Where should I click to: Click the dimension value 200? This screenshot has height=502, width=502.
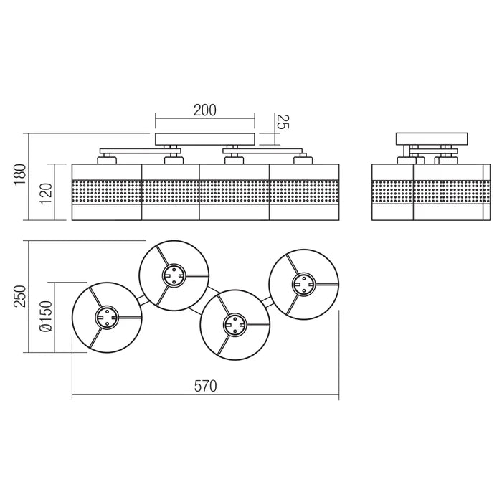tap(204, 110)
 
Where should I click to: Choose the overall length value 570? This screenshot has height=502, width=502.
tap(204, 385)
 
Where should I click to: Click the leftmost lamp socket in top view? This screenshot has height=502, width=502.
tap(106, 317)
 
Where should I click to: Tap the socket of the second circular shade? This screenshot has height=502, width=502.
tap(174, 275)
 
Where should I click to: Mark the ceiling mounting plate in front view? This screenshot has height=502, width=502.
tap(205, 138)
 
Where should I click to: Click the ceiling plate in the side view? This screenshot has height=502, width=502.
tap(432, 139)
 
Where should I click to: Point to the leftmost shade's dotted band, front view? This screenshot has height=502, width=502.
tap(107, 191)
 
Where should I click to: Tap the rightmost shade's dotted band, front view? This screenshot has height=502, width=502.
tap(304, 191)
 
